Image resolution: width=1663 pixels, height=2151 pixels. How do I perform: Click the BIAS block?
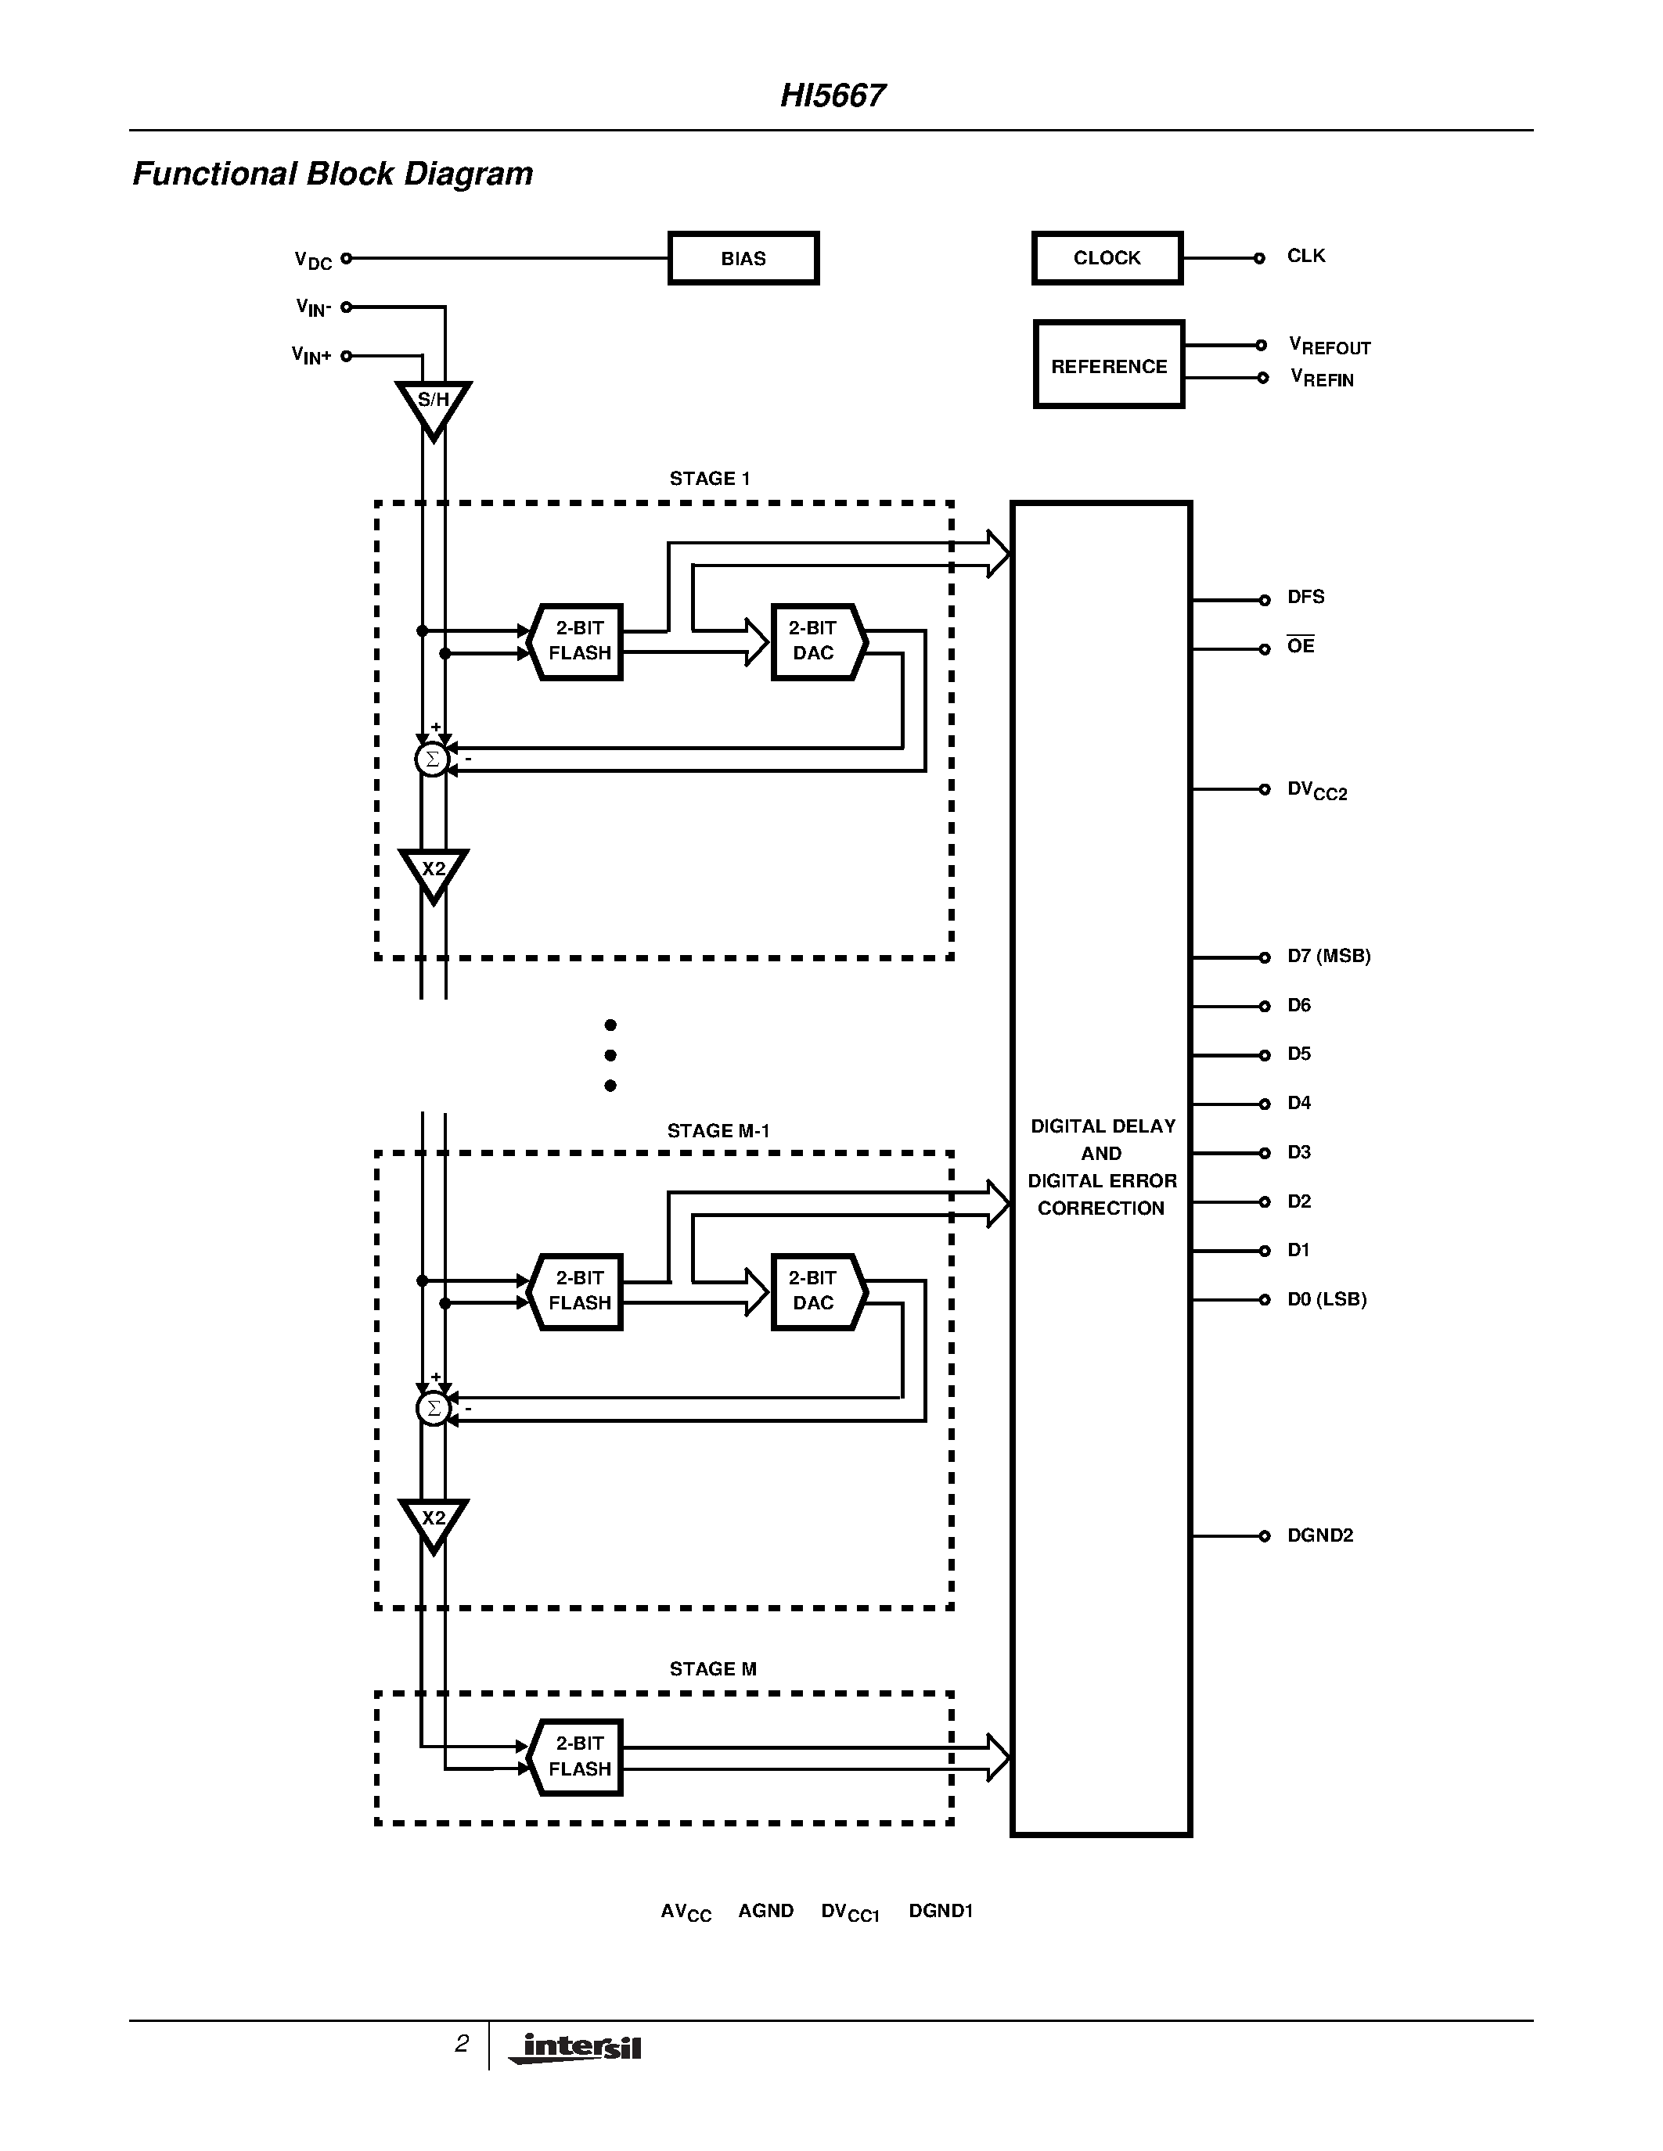743,258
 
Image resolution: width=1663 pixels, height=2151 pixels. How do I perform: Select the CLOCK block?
1107,258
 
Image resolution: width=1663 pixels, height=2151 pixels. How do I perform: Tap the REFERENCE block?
1108,365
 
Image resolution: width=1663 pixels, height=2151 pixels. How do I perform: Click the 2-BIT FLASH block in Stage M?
578,1757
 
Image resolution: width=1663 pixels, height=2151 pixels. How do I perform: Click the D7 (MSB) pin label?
1328,955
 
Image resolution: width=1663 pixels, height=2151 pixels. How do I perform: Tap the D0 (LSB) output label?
1326,1299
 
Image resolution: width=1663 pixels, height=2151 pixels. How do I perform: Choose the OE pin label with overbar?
1301,646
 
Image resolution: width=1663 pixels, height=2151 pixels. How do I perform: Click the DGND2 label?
1320,1535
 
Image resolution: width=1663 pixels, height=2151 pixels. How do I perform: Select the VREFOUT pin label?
1329,346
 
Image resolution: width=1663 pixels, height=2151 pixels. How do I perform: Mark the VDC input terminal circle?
347,258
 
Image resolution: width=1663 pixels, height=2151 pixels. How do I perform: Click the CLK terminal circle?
1259,258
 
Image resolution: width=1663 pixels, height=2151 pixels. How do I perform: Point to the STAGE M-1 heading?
718,1131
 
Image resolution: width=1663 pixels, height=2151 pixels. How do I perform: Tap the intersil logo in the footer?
576,2048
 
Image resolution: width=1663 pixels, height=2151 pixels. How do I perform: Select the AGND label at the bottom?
765,1911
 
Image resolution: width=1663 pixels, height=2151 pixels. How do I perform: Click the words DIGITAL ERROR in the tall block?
1101,1180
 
